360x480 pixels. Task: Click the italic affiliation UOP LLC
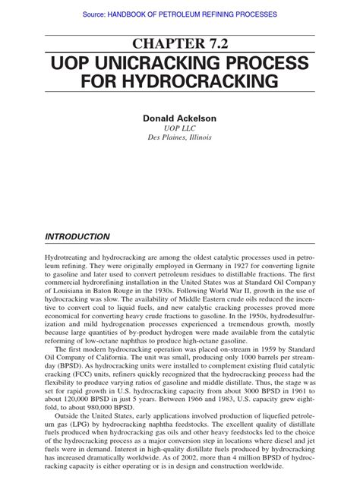tap(180, 129)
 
